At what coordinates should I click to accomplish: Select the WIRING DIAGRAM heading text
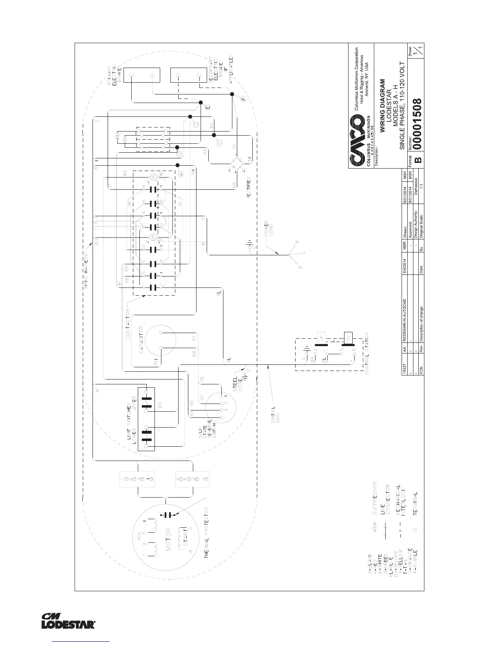click(x=383, y=106)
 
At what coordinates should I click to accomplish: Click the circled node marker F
click(x=243, y=98)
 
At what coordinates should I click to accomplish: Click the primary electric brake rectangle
click(x=141, y=76)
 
